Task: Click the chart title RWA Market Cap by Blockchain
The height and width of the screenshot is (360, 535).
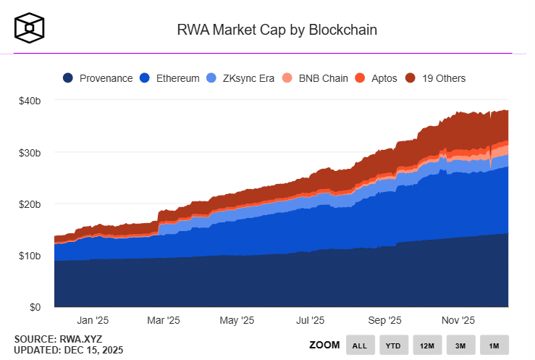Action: tap(277, 30)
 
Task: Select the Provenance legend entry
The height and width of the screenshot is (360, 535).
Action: tap(98, 78)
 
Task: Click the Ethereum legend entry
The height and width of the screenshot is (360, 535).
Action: tap(169, 78)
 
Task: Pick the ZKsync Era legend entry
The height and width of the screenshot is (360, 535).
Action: tap(240, 78)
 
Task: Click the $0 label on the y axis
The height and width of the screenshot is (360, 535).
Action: tap(35, 307)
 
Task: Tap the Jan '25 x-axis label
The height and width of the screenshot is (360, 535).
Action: tap(93, 320)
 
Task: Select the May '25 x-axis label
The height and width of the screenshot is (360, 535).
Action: tap(237, 320)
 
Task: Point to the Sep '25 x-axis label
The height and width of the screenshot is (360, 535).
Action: tap(384, 320)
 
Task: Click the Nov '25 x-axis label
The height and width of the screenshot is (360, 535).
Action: tap(458, 320)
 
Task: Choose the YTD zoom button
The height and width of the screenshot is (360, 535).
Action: tap(393, 346)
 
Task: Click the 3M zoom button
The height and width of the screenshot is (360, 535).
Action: tap(460, 346)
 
